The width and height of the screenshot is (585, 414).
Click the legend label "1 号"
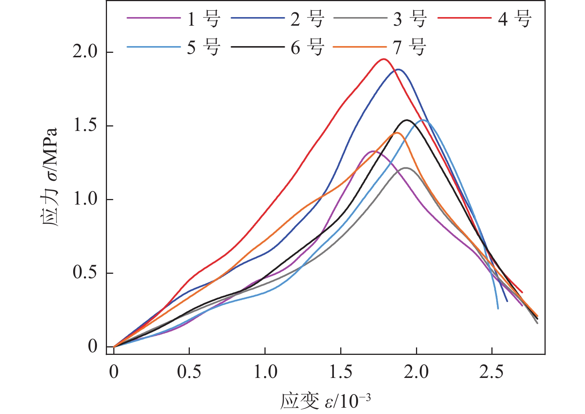coord(204,18)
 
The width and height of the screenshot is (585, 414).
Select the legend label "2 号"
coord(307,18)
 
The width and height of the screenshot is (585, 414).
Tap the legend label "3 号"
coord(410,18)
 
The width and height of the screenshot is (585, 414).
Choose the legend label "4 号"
coord(514,18)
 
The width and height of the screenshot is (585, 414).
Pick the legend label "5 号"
coord(204,47)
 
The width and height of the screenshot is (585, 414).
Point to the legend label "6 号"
coord(307,47)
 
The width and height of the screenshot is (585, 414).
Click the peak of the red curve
coord(384,59)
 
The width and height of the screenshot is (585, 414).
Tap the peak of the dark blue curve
coord(399,70)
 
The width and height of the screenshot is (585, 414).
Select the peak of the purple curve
coord(373,151)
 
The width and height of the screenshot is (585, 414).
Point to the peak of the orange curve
coord(397,133)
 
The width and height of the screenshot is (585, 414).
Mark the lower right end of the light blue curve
coord(498,308)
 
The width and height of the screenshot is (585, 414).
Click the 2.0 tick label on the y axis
coord(85,52)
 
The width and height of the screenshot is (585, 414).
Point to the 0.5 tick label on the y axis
coord(85,273)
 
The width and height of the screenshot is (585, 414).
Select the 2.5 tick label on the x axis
coord(491,372)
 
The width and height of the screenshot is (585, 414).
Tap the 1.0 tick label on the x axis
coord(265,372)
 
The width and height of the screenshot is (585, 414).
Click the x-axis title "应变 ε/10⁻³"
coord(325,401)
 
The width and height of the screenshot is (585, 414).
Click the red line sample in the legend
coord(464,18)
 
